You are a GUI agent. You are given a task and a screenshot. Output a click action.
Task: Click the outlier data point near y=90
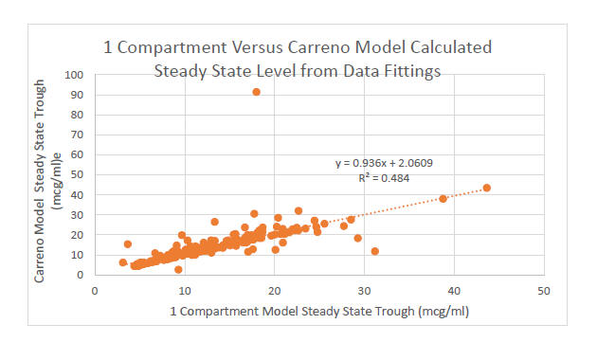[x=257, y=92]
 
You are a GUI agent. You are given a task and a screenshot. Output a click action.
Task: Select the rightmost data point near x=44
[x=487, y=188]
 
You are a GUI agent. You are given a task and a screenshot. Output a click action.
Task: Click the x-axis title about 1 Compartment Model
[x=319, y=311]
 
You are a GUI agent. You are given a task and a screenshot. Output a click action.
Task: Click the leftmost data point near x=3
[x=122, y=262]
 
